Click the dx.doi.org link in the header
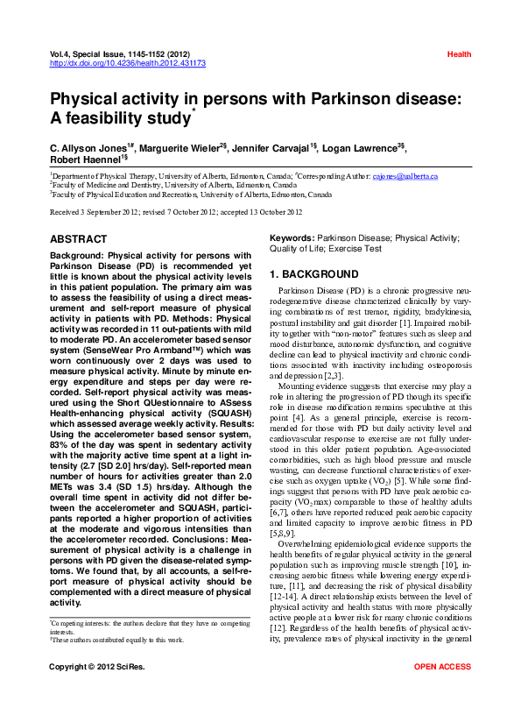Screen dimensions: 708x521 tap(128, 63)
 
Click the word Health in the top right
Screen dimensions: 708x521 tap(459, 54)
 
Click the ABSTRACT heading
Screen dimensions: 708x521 tap(79, 239)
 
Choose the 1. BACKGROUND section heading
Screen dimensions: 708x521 tap(313, 274)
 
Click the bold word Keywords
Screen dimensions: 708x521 tap(291, 237)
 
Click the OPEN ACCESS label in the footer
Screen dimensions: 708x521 tap(442, 691)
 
